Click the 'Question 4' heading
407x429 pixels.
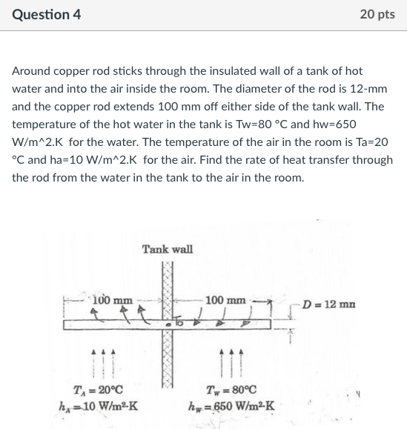[46, 15]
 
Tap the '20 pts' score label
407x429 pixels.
[377, 15]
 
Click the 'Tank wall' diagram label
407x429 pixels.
[168, 249]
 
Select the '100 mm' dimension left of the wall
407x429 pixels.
[113, 299]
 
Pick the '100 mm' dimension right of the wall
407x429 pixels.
[225, 300]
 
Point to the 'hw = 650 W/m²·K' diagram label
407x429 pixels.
[233, 405]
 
